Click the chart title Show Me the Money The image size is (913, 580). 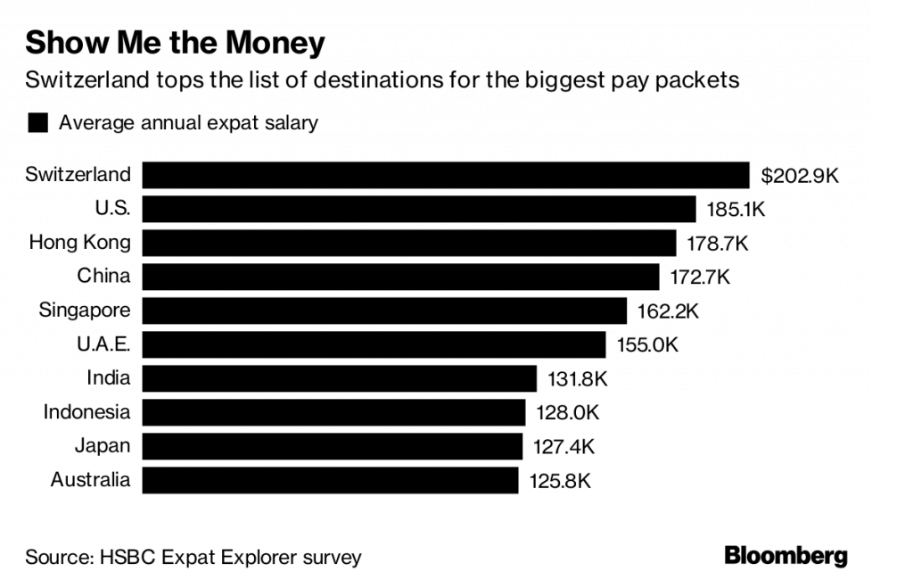point(175,42)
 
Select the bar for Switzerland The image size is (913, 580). point(445,175)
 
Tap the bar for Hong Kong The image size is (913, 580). point(409,243)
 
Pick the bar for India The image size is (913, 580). point(339,378)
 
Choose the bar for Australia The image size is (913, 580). point(330,480)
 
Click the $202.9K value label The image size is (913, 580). point(800,176)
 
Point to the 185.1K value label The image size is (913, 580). point(736,210)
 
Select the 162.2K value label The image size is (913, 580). point(667,311)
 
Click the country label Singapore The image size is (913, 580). point(85,311)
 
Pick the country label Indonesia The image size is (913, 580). point(86,412)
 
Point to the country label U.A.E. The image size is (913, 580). point(100,344)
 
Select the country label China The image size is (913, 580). point(103,277)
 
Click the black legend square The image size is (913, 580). point(37,123)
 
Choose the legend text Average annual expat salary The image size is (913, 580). point(188,123)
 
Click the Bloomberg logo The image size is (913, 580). point(786,557)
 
